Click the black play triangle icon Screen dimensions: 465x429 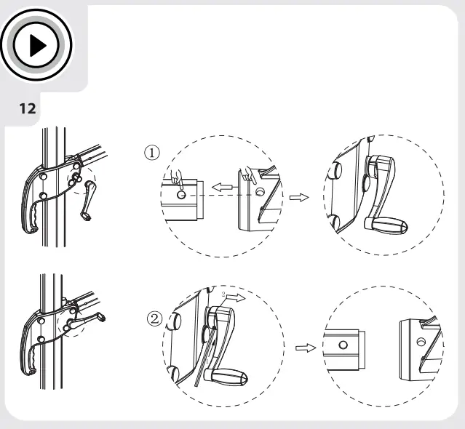pos(37,46)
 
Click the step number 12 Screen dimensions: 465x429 pos(28,109)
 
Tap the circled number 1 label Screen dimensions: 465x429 pos(152,153)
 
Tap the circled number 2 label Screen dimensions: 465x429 pos(155,319)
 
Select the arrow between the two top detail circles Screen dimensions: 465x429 pos(299,197)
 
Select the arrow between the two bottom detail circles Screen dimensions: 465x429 pos(306,348)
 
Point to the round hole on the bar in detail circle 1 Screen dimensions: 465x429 pos(181,195)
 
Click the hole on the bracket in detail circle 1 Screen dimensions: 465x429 pos(261,191)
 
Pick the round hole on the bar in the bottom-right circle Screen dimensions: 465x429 pos(343,345)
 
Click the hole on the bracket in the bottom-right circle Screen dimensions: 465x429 pos(420,342)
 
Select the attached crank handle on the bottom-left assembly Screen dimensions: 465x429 pos(86,321)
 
